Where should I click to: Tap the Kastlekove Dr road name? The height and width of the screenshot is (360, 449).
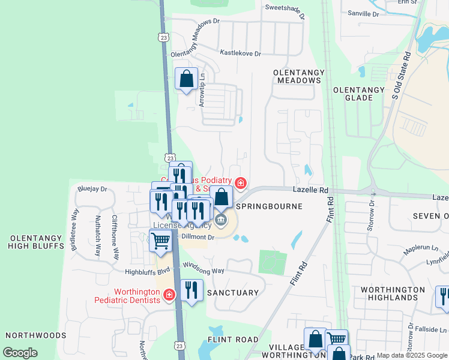click(240, 53)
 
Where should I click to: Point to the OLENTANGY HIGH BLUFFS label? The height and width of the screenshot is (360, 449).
click(36, 242)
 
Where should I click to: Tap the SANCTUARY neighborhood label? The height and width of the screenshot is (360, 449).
click(232, 293)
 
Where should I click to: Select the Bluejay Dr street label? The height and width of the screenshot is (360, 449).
click(92, 188)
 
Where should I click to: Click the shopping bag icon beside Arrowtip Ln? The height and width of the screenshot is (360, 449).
click(186, 78)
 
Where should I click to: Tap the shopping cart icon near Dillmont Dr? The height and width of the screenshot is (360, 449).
click(160, 241)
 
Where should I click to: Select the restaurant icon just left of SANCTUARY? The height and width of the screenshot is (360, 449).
click(191, 290)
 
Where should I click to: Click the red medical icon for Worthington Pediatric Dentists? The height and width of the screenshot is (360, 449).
click(169, 295)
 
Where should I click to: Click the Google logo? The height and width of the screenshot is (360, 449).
click(20, 353)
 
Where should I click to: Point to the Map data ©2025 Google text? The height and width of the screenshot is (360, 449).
click(411, 355)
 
